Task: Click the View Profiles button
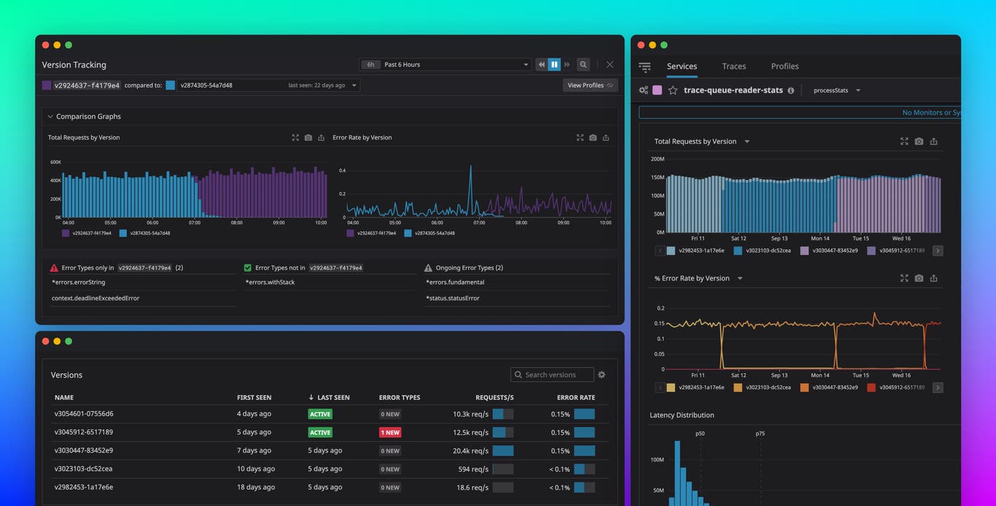point(590,85)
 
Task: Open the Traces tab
point(733,66)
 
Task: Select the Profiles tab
point(785,66)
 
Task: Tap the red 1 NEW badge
point(390,433)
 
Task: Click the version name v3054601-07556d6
point(84,413)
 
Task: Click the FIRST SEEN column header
point(254,398)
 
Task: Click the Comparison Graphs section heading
point(88,117)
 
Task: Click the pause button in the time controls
point(554,65)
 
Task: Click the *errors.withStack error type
point(270,283)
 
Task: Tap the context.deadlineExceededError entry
point(95,298)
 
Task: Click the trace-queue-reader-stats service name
point(733,90)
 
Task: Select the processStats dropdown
point(837,90)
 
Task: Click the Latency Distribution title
point(682,415)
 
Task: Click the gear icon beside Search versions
point(601,375)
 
